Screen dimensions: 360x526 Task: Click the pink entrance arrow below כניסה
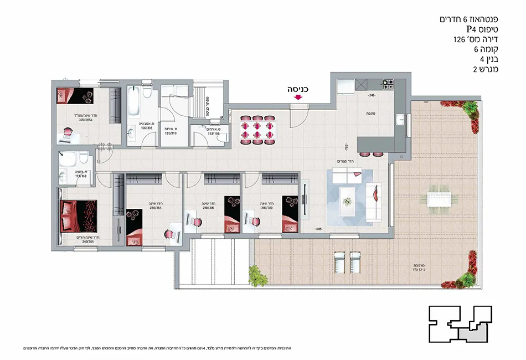298,97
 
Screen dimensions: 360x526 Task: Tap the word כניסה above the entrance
297,88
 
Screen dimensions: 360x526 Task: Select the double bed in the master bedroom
78,215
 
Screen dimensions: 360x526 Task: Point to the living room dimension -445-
318,229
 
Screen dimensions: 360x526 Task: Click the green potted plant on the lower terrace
255,274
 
